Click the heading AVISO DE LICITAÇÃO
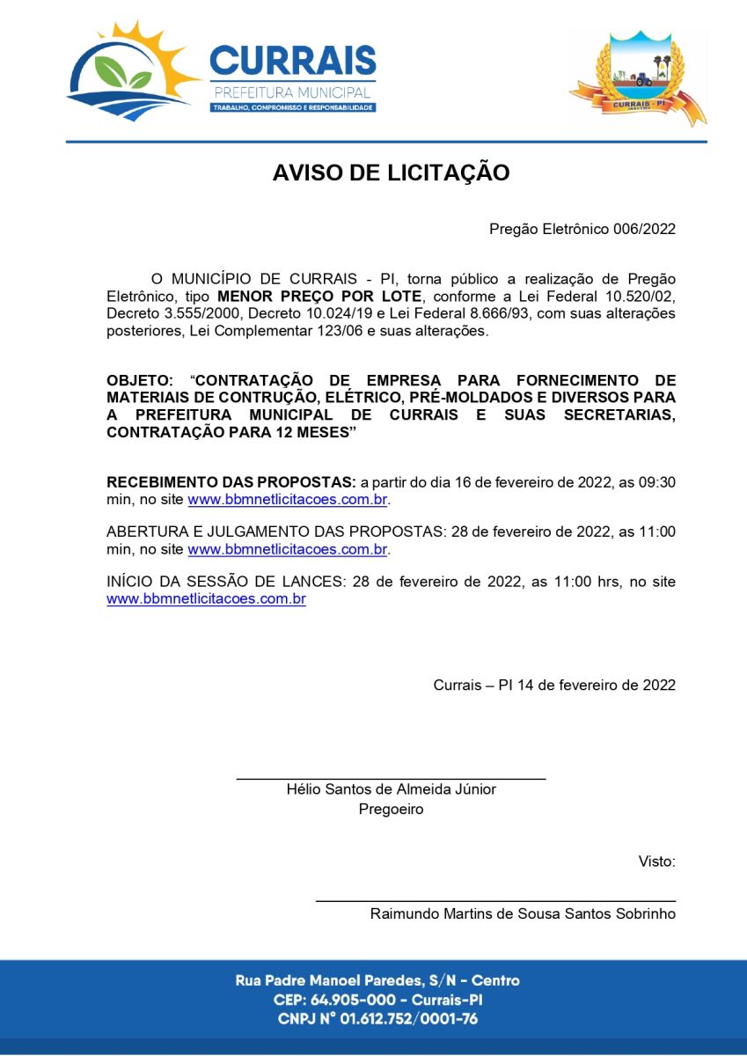click(x=391, y=172)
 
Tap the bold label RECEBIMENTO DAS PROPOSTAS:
click(x=231, y=482)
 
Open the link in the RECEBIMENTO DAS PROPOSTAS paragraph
click(x=288, y=500)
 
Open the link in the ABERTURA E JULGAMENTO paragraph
click(x=288, y=549)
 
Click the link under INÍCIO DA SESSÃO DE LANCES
click(x=206, y=599)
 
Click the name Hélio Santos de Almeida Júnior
click(x=391, y=789)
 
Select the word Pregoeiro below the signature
click(x=391, y=809)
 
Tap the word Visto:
click(x=656, y=862)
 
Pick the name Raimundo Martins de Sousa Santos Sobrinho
click(x=523, y=913)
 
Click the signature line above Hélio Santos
click(x=391, y=779)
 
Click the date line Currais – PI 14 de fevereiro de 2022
click(x=554, y=685)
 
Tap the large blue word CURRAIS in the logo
click(x=293, y=62)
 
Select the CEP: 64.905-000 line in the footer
click(x=377, y=1000)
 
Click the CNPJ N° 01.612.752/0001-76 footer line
click(x=377, y=1019)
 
